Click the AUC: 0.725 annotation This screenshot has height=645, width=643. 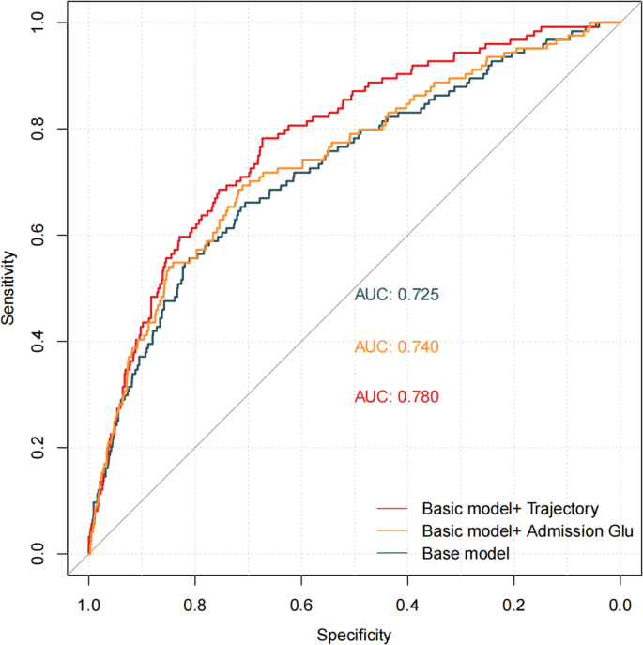click(x=397, y=295)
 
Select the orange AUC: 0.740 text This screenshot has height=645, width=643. click(x=397, y=346)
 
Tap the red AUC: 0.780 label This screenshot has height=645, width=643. click(x=397, y=397)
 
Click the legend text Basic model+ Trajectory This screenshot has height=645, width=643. click(x=510, y=509)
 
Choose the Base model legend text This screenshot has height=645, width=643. click(x=466, y=554)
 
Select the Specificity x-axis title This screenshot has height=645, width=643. click(x=354, y=635)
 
